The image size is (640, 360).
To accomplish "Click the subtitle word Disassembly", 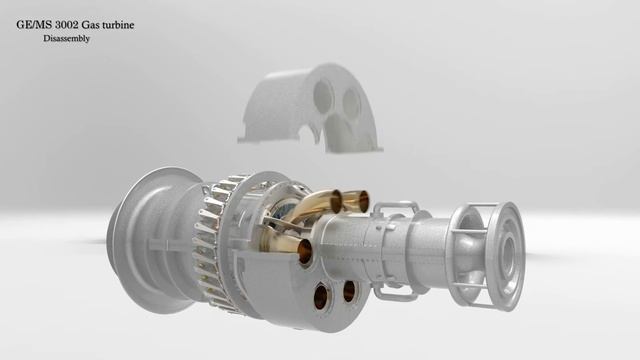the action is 67,39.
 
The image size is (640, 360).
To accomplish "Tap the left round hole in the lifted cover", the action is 323,97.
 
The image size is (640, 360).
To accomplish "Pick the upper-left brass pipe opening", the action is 337,200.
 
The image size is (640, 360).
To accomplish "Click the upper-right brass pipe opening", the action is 364,202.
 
